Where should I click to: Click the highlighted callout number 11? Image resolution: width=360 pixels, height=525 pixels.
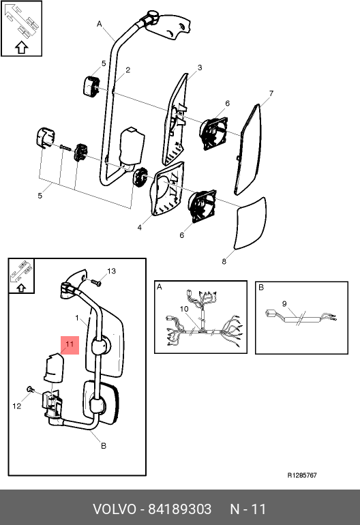click(x=70, y=344)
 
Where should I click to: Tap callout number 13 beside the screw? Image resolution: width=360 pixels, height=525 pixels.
click(x=111, y=271)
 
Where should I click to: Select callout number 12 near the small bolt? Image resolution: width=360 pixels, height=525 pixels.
click(x=17, y=406)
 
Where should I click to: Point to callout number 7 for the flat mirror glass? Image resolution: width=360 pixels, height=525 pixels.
click(x=271, y=93)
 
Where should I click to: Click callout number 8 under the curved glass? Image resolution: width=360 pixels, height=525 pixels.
click(x=224, y=262)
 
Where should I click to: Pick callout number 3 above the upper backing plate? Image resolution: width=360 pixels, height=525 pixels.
click(x=200, y=67)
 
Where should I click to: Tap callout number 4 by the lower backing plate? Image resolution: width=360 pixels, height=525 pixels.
click(x=139, y=228)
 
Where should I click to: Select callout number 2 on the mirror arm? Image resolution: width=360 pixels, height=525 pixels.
click(x=128, y=70)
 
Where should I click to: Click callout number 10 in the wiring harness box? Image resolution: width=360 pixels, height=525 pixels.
click(x=184, y=309)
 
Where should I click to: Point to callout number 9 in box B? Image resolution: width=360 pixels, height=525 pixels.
click(x=284, y=303)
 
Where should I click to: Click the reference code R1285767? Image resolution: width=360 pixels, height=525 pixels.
click(x=302, y=475)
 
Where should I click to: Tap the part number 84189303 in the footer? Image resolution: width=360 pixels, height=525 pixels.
click(x=180, y=509)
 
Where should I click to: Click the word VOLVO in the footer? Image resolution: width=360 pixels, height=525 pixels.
click(x=115, y=509)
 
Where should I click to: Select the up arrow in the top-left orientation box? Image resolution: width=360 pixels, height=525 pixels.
click(x=21, y=48)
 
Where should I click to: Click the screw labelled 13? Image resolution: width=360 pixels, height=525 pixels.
click(x=96, y=282)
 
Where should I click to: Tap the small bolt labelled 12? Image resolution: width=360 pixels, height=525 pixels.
click(x=30, y=389)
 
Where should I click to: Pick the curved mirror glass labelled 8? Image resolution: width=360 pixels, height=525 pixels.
click(x=251, y=224)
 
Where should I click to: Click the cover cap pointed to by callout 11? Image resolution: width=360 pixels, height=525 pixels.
click(x=54, y=367)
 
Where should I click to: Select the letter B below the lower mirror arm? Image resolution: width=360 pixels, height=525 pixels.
click(x=104, y=446)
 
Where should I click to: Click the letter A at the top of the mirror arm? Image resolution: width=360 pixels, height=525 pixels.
click(x=99, y=24)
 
